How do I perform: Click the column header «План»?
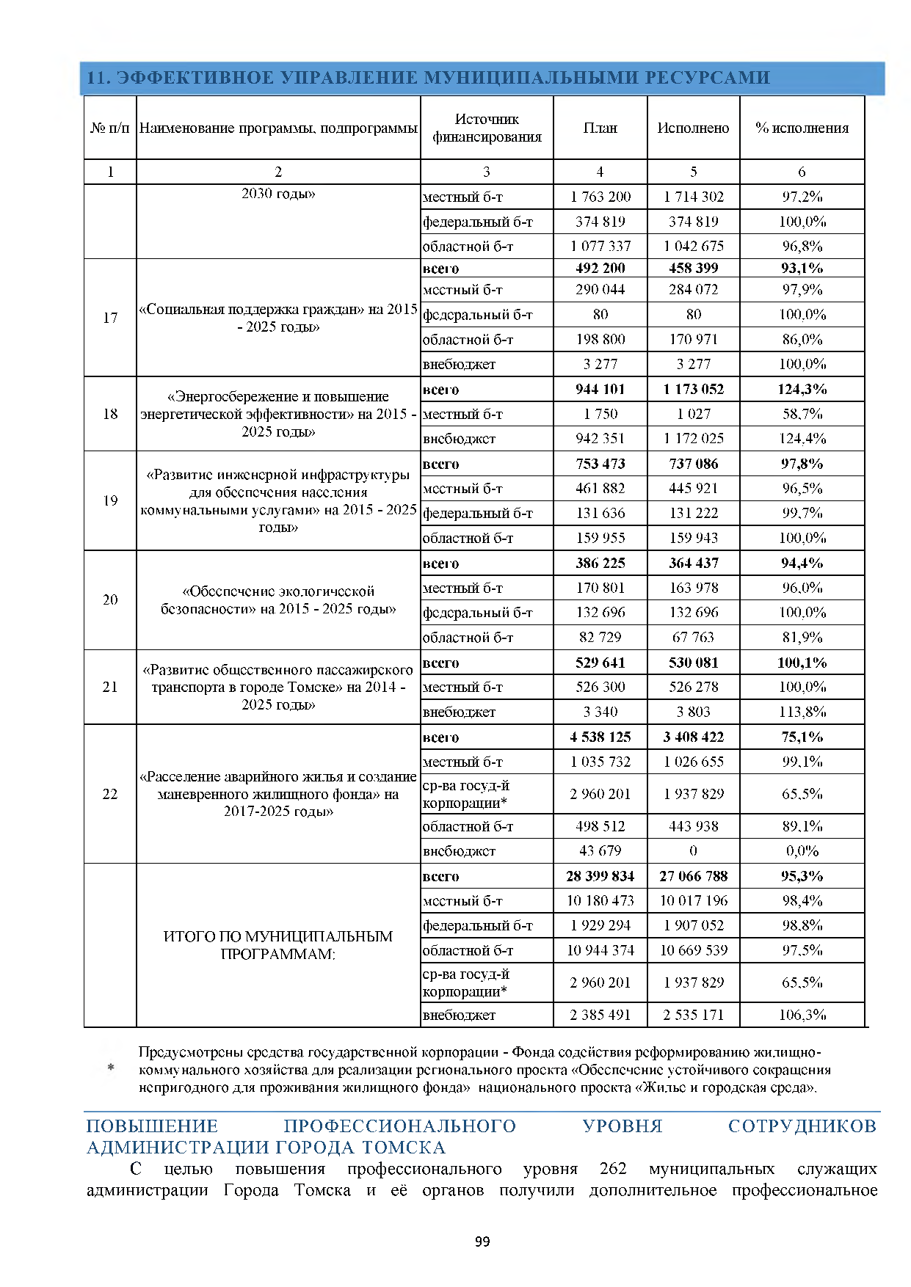600,128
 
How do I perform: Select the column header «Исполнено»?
693,128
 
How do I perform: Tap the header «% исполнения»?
802,128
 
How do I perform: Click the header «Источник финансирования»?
487,128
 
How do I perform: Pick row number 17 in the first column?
110,318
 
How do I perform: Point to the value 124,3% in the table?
802,389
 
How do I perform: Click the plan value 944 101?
600,389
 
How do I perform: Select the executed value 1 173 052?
693,389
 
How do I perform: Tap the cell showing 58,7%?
802,414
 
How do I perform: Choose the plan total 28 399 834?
600,876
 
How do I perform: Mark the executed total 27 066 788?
693,876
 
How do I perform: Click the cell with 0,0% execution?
802,851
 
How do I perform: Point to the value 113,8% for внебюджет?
802,712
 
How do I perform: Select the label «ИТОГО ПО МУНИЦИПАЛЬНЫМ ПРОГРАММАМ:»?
278,945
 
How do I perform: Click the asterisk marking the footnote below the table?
111,1068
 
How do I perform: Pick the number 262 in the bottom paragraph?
613,1169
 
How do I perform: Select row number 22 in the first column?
110,794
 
